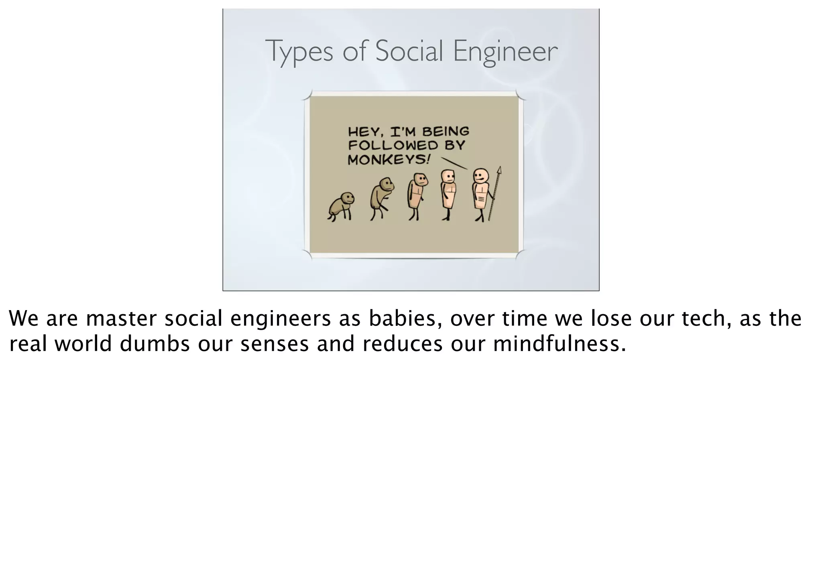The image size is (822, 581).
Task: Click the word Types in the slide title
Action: pyautogui.click(x=299, y=51)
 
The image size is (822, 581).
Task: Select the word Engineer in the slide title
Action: pyautogui.click(x=505, y=51)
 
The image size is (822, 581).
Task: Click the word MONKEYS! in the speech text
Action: pyautogui.click(x=389, y=160)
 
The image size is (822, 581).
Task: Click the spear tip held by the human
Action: pyautogui.click(x=499, y=171)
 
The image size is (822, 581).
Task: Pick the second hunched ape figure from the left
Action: pyautogui.click(x=382, y=198)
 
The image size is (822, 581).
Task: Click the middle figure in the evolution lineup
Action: pyautogui.click(x=417, y=196)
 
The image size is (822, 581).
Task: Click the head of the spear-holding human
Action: pyautogui.click(x=480, y=176)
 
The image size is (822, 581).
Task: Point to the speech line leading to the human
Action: pyautogui.click(x=454, y=163)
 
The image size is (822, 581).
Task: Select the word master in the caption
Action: pyautogui.click(x=121, y=319)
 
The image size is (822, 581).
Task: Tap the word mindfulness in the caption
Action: pyautogui.click(x=559, y=344)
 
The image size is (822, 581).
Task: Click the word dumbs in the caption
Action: pyautogui.click(x=155, y=344)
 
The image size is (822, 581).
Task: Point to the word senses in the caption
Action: pyautogui.click(x=275, y=345)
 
